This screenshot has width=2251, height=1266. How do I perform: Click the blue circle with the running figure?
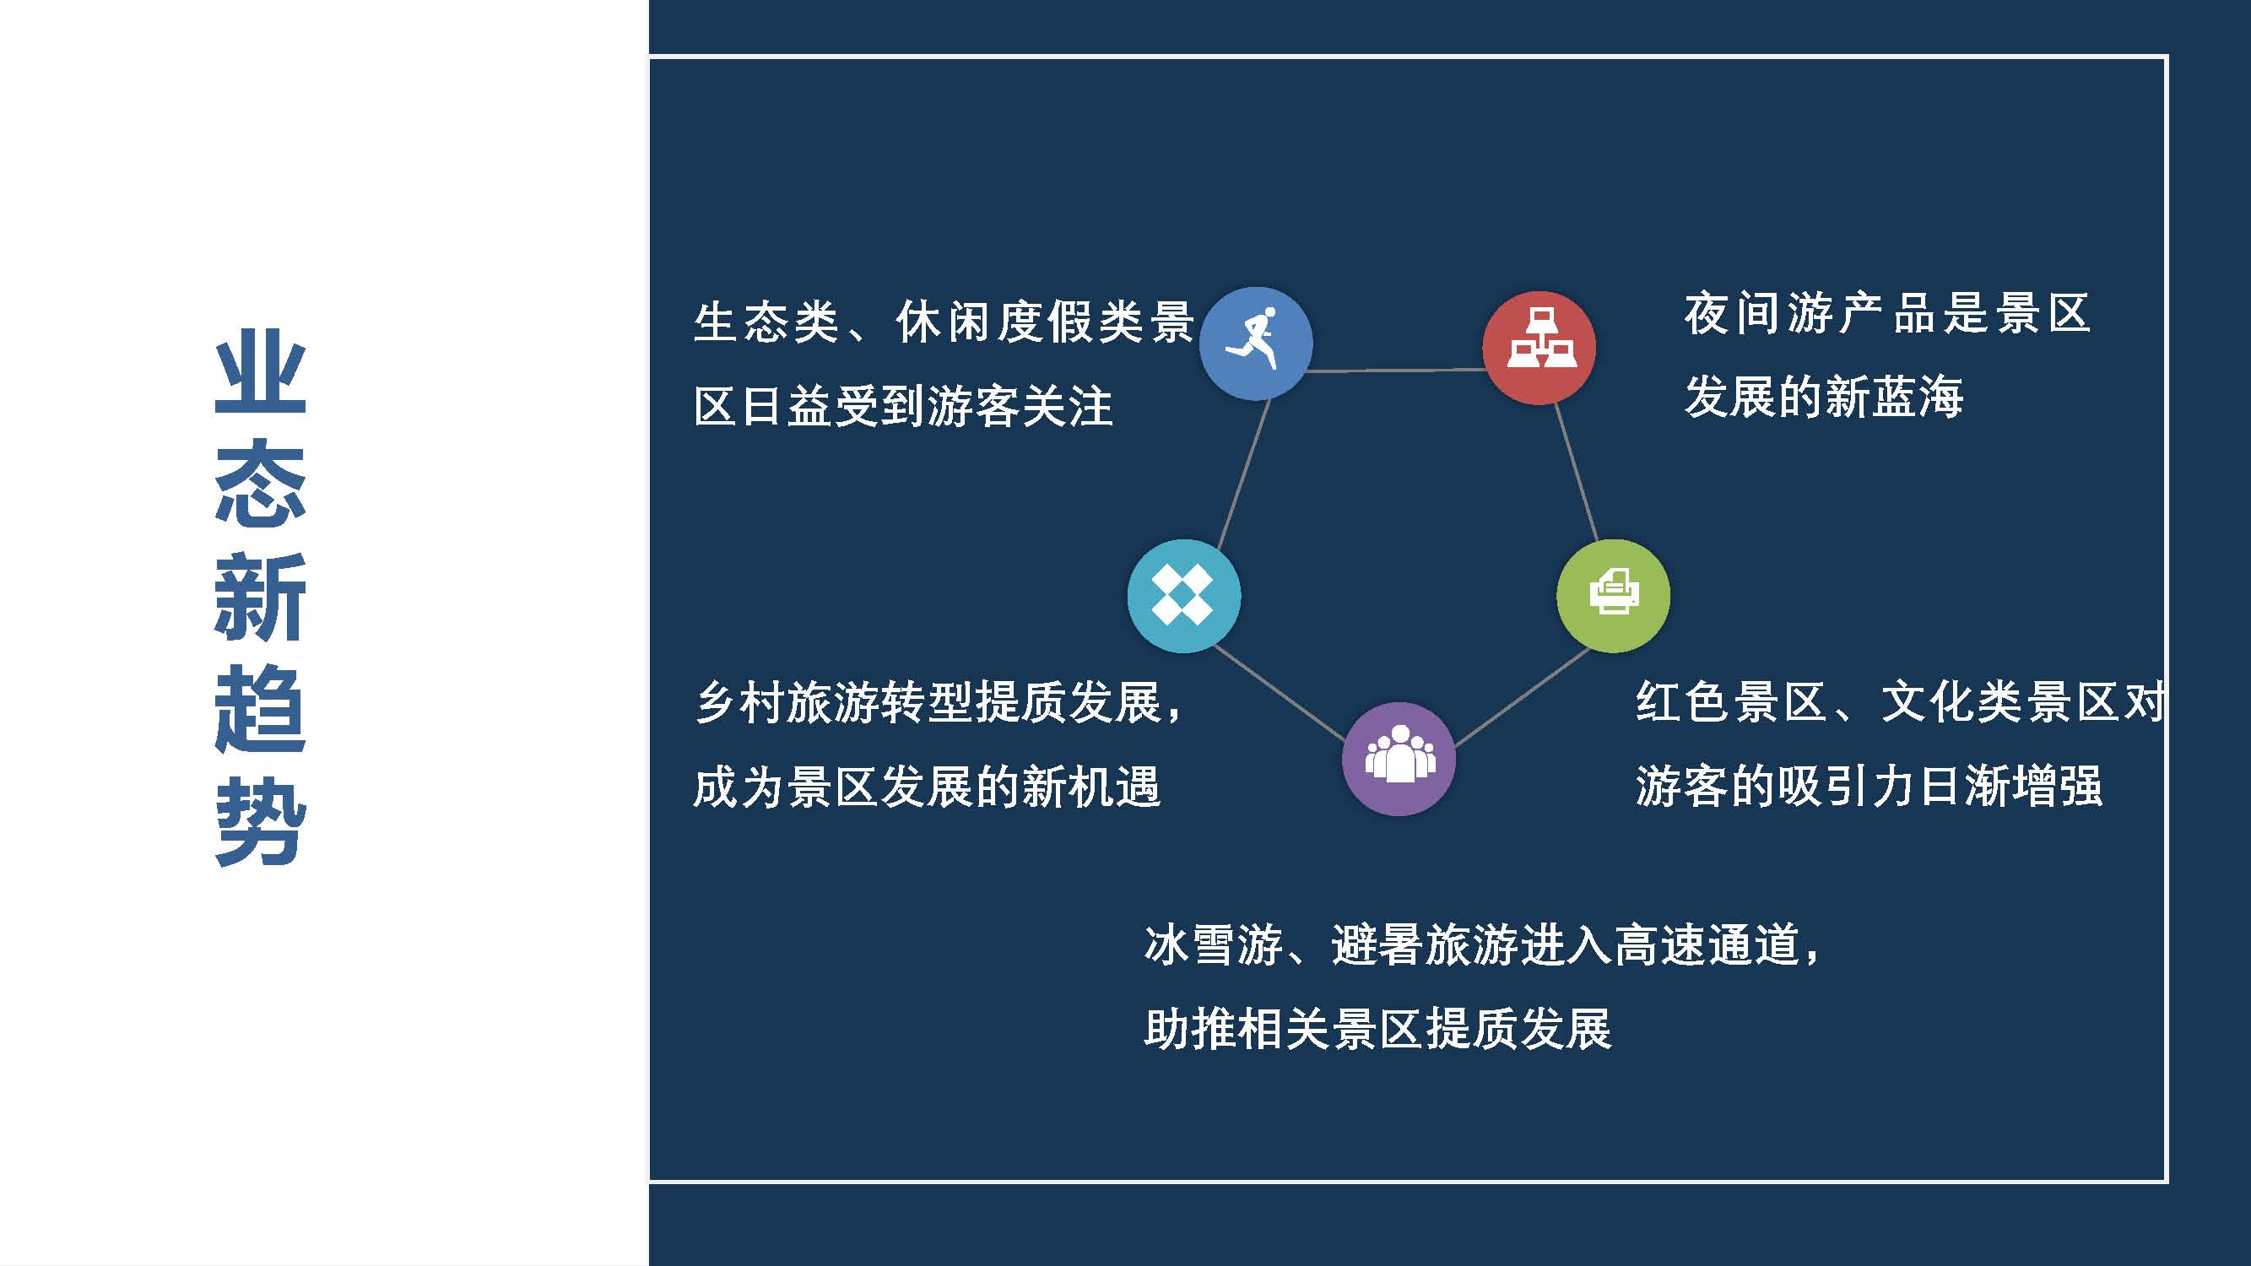(x=1256, y=344)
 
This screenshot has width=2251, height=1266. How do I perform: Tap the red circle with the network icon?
(x=1539, y=348)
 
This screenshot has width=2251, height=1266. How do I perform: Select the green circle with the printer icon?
(x=1613, y=596)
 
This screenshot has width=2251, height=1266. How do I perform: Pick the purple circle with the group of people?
(x=1399, y=759)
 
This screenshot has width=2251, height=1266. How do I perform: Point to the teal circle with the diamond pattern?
(x=1184, y=596)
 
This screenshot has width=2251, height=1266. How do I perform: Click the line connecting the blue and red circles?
(x=1397, y=371)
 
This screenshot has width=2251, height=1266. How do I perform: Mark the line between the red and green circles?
(x=1576, y=471)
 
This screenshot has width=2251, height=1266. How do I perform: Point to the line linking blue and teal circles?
(x=1243, y=473)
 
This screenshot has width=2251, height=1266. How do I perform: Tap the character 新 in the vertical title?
(x=261, y=597)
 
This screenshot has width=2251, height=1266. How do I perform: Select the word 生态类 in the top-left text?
(x=766, y=322)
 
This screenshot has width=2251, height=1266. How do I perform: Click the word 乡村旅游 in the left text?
(x=787, y=702)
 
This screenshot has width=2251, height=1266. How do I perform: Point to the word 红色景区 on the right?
(x=1730, y=702)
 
